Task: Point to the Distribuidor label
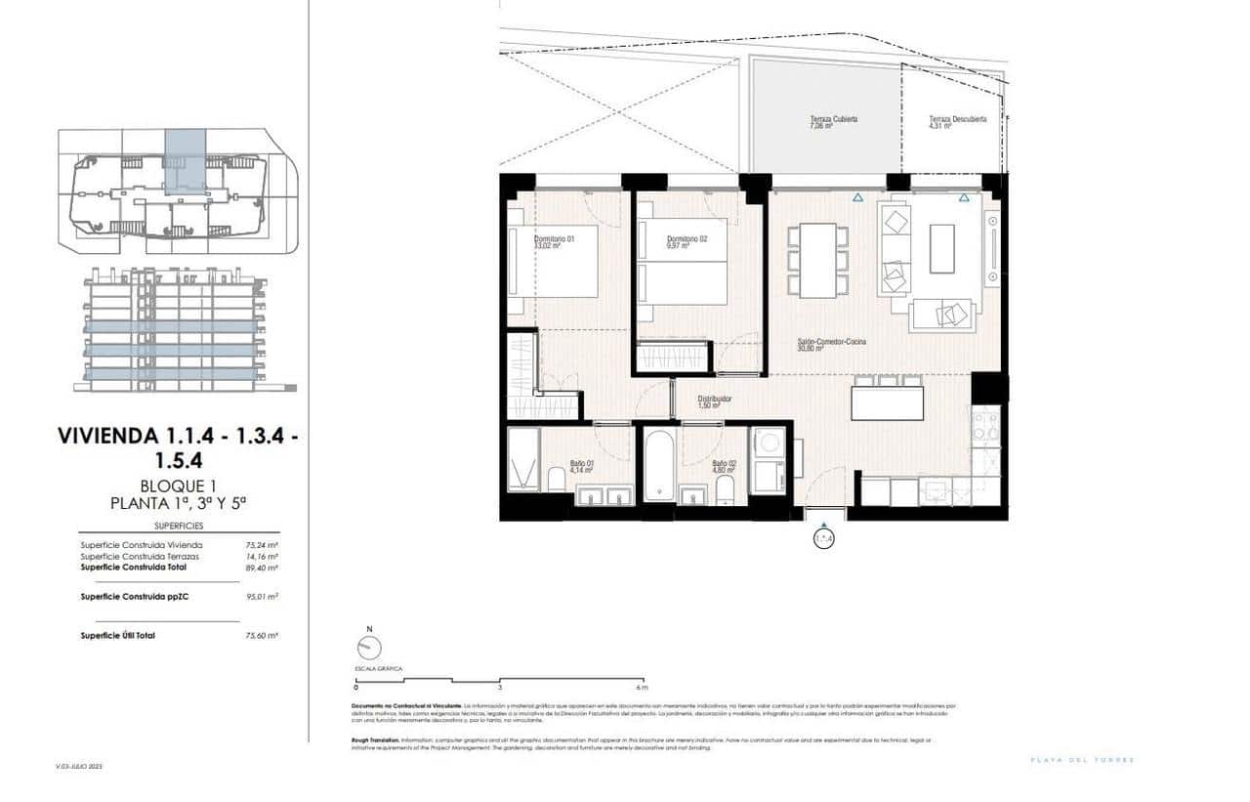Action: [x=714, y=401]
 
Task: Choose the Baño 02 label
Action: [x=724, y=466]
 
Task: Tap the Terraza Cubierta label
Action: [x=833, y=122]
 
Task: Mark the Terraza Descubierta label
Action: [x=957, y=122]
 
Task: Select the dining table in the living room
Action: [x=817, y=260]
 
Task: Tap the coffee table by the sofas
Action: [x=941, y=248]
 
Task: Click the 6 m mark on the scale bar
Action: [x=643, y=687]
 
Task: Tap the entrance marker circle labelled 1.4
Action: [x=824, y=537]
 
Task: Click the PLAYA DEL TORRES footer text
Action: [x=1082, y=760]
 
